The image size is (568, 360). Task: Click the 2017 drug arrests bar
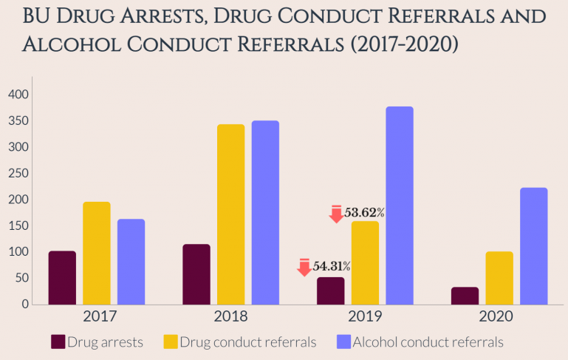62,278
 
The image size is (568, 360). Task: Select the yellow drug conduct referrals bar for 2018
230,214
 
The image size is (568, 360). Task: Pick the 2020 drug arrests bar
465,296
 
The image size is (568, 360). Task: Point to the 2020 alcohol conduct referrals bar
534,246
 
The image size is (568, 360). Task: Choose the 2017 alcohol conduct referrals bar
131,262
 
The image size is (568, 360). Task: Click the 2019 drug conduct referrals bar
365,262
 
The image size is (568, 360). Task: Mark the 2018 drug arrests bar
196,274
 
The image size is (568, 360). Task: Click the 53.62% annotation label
365,213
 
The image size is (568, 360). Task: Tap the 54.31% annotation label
331,266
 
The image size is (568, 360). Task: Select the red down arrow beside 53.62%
336,214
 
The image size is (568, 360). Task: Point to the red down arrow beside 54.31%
304,267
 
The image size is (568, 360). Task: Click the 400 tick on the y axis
18,95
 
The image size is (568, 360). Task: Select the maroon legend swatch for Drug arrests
58,342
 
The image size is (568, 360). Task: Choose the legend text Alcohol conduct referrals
428,342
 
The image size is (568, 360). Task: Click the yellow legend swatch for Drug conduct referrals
171,342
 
